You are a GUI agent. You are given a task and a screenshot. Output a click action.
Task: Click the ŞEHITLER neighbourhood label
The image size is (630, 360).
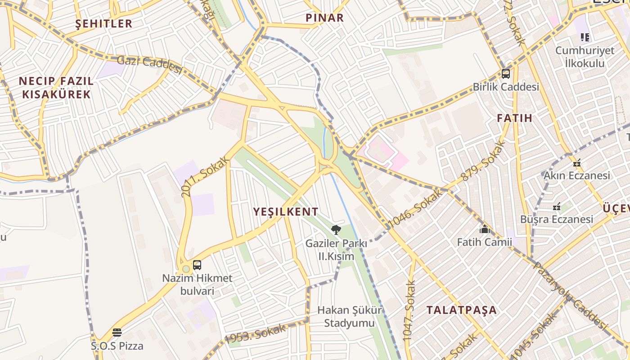(104, 23)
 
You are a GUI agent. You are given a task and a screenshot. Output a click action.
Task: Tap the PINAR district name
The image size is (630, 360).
(324, 18)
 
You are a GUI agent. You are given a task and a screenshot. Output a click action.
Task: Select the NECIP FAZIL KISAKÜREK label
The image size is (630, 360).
(56, 88)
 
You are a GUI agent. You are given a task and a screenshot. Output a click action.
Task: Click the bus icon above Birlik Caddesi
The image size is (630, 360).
(506, 74)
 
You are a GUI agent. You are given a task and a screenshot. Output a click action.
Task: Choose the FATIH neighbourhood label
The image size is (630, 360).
(514, 118)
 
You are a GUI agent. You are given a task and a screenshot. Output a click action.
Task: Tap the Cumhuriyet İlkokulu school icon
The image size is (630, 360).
(585, 37)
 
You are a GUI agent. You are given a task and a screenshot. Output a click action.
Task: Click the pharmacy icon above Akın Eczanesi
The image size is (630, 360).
(577, 163)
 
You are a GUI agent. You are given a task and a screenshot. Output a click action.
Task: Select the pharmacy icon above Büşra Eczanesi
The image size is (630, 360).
(557, 207)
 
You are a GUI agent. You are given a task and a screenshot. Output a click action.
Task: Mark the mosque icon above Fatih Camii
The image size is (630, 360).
(484, 229)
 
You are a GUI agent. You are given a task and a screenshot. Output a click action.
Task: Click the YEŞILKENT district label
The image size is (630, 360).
(286, 211)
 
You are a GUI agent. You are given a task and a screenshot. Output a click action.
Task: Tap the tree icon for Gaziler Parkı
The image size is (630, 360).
(336, 230)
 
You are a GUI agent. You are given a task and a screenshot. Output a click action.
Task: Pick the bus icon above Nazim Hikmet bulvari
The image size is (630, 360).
(197, 265)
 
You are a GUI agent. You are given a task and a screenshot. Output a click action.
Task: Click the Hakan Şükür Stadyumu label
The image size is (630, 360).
(350, 316)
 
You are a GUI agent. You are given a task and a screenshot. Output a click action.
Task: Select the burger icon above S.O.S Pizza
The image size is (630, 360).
(117, 333)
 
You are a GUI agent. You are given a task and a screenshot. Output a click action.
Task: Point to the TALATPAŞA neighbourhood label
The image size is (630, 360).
(461, 310)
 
